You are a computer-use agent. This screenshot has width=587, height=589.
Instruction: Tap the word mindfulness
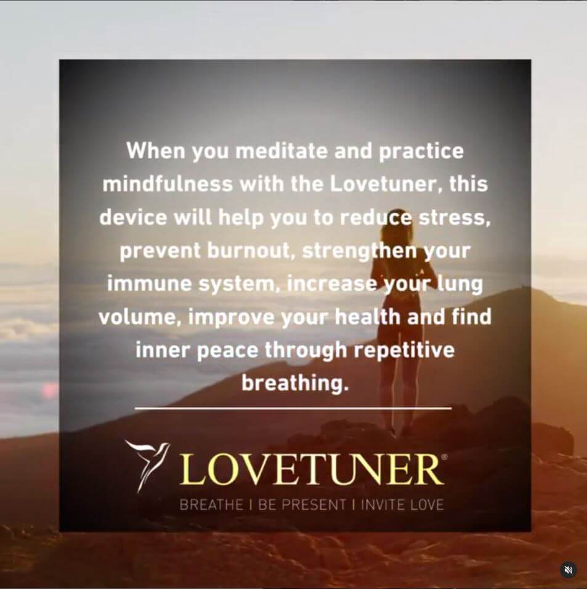(168, 184)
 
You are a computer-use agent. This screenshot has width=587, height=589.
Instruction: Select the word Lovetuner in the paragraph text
(384, 184)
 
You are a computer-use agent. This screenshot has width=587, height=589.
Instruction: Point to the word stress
(454, 218)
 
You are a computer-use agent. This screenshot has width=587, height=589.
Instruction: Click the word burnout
(249, 251)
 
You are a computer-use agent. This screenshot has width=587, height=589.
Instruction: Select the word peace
(227, 351)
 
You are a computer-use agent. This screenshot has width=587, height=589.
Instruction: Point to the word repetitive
(404, 350)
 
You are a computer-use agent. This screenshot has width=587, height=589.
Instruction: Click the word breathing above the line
(295, 384)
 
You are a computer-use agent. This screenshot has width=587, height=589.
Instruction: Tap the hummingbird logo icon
(147, 466)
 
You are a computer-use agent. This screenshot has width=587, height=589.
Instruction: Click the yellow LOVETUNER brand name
(311, 469)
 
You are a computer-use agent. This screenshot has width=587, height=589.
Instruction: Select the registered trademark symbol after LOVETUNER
(445, 457)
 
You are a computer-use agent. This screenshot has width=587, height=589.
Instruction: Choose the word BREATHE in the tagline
(211, 505)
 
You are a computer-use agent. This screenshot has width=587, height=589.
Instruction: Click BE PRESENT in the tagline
(302, 505)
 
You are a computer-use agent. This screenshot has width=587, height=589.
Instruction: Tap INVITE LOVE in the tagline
(402, 505)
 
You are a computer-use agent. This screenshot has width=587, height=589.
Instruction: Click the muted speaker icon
(569, 570)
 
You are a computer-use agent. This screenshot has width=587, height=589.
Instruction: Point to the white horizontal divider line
(293, 408)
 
